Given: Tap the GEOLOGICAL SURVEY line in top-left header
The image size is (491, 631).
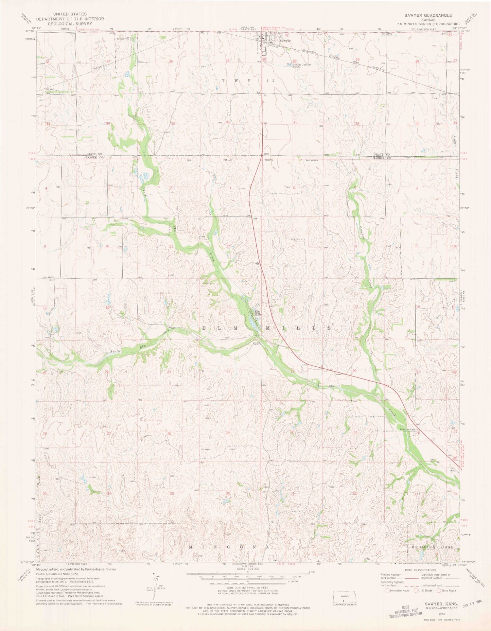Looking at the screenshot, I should [x=70, y=24].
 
